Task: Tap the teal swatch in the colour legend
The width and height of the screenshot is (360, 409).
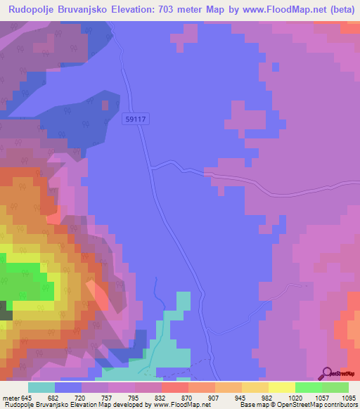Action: tap(41, 387)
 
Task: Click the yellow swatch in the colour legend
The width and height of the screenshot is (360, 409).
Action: tap(281, 387)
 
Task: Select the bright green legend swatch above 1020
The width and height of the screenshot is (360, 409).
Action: tap(308, 387)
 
